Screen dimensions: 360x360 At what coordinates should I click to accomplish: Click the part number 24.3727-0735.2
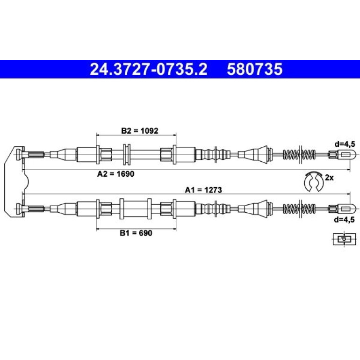149,69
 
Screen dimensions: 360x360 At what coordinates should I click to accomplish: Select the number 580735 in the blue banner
255,69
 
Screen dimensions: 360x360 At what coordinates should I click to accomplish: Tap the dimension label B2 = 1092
140,131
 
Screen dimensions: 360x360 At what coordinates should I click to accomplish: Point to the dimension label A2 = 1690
116,174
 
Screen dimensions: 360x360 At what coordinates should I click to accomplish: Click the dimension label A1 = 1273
204,190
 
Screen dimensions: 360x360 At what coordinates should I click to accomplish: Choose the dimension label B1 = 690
136,233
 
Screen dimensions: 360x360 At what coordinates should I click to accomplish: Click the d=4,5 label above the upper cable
345,144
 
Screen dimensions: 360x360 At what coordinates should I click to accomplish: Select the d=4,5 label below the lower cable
345,219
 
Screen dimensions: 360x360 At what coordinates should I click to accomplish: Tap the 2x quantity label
329,178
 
